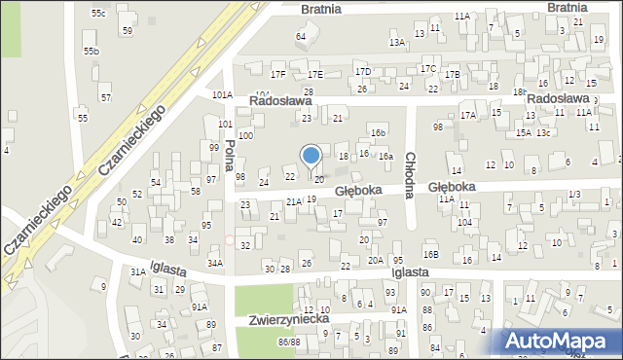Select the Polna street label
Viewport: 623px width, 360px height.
[x=231, y=157]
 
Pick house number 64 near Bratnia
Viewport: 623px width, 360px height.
[x=301, y=37]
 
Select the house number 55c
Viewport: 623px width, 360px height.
[x=98, y=13]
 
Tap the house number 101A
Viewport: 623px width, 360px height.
[x=223, y=95]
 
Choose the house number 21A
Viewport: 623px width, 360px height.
[x=292, y=201]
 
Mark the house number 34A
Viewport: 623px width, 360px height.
[x=215, y=263]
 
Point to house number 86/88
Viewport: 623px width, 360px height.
[x=288, y=342]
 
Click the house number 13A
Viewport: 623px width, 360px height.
[x=396, y=43]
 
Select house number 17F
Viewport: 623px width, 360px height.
[x=278, y=74]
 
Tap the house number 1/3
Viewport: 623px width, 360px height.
[x=574, y=195]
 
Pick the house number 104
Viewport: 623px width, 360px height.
[x=465, y=222]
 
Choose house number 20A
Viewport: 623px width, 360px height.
[x=375, y=261]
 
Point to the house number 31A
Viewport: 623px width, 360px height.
[x=138, y=272]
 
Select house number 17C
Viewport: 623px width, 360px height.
[x=427, y=69]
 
